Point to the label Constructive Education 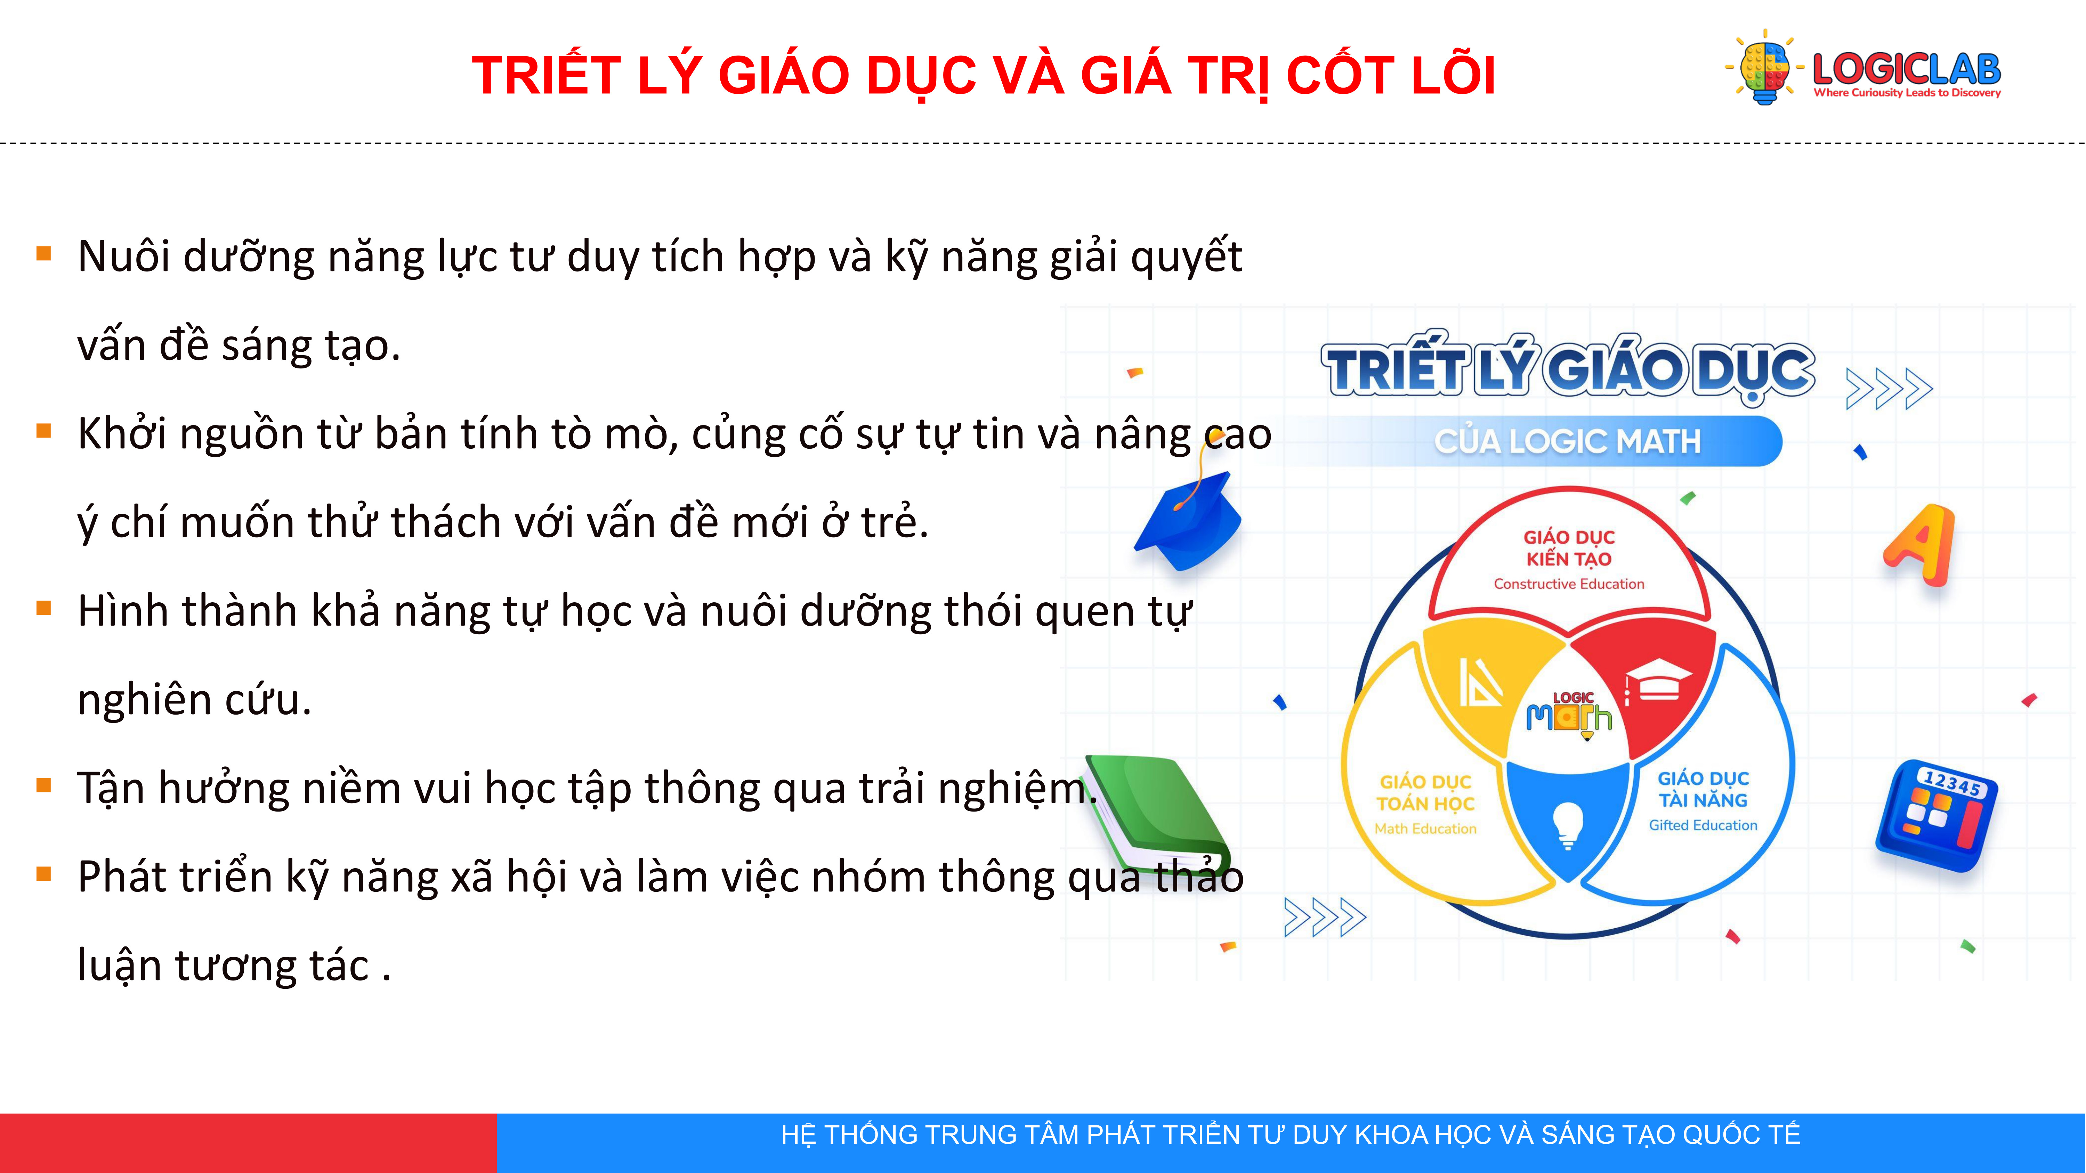[x=1569, y=584]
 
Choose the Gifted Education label [x=1703, y=825]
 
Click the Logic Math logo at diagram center [x=1569, y=714]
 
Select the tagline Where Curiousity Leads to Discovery [x=1907, y=93]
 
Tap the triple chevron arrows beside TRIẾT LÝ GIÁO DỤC [x=1889, y=389]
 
